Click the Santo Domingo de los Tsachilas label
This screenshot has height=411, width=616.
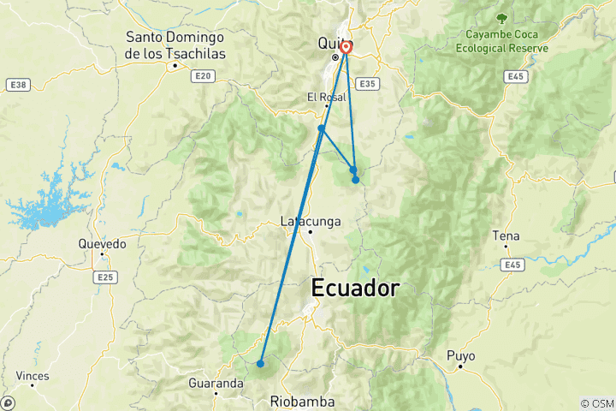pyautogui.click(x=175, y=45)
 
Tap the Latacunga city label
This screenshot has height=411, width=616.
pyautogui.click(x=311, y=222)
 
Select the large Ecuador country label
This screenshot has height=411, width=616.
pyautogui.click(x=354, y=289)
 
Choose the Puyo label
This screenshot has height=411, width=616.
pyautogui.click(x=460, y=355)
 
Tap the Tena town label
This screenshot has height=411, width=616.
pyautogui.click(x=506, y=235)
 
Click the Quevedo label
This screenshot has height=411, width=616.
pyautogui.click(x=102, y=244)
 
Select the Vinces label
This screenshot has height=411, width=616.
pyautogui.click(x=33, y=376)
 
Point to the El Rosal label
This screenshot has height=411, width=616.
pyautogui.click(x=326, y=98)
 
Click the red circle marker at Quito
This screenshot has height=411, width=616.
pyautogui.click(x=346, y=48)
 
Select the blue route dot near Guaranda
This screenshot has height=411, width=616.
pyautogui.click(x=260, y=364)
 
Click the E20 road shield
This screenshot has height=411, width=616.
pyautogui.click(x=203, y=76)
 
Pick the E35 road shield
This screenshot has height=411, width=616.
pyautogui.click(x=368, y=84)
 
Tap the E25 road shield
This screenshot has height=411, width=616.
pyautogui.click(x=105, y=277)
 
